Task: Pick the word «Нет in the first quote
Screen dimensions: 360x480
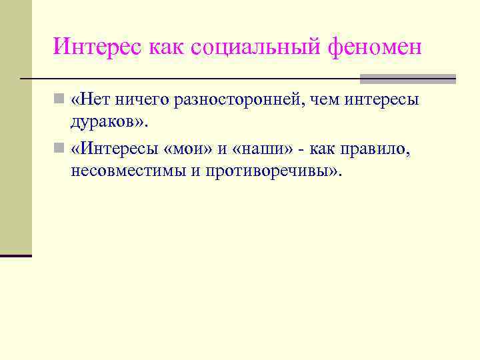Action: [91, 100]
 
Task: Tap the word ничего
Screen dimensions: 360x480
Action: [141, 100]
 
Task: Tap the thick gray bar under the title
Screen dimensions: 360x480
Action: [407, 79]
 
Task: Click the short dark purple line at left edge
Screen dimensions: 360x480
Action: [16, 255]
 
